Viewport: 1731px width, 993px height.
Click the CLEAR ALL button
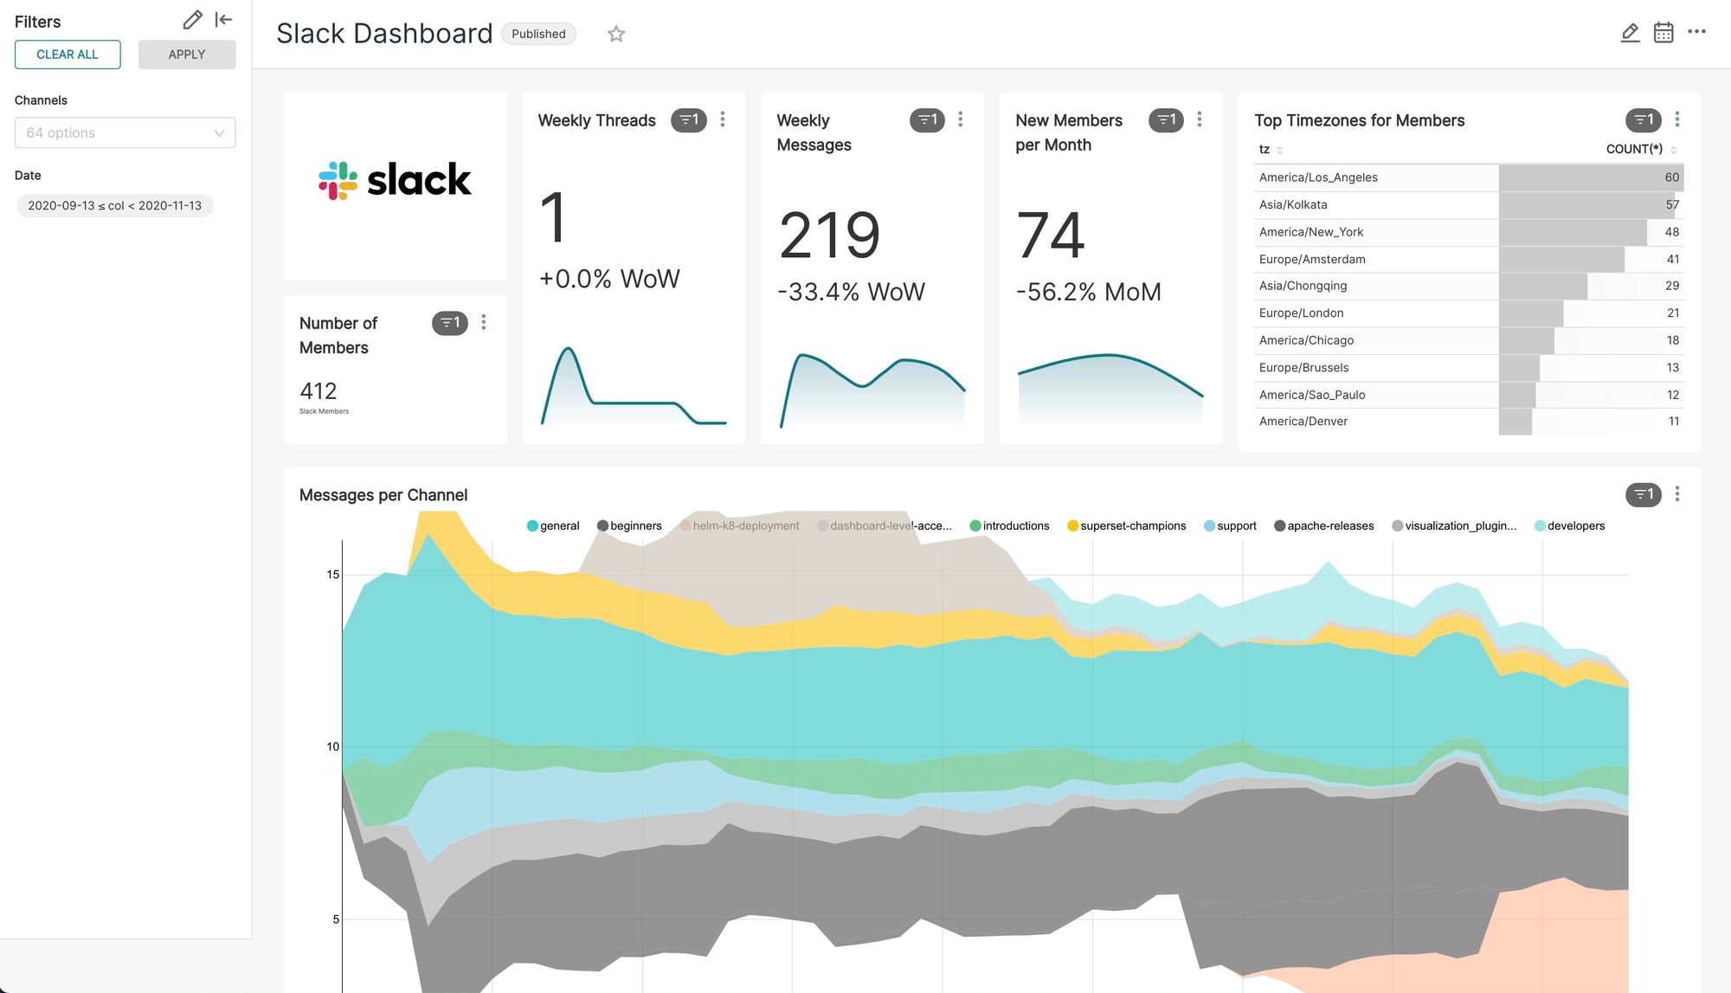(68, 55)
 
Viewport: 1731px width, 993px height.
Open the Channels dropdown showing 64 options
(125, 132)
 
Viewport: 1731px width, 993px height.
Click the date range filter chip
(114, 206)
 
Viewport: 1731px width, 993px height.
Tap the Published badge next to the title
(537, 34)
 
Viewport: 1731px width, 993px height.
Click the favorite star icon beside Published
(615, 34)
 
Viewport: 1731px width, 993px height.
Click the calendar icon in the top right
(1663, 33)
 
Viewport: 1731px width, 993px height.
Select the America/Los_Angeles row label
(1317, 177)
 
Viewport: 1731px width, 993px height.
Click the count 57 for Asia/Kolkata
(1671, 205)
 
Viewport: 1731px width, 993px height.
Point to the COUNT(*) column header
(1633, 149)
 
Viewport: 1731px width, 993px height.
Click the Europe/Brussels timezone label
(1303, 368)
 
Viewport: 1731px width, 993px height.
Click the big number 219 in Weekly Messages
(828, 235)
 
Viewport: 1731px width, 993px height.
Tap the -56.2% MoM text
(1088, 293)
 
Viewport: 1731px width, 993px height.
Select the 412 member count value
(318, 391)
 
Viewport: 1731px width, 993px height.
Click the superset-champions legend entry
(1132, 526)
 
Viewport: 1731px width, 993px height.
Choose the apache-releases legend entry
(1329, 526)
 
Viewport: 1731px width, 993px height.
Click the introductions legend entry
(1015, 526)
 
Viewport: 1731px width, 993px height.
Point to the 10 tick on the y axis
(332, 747)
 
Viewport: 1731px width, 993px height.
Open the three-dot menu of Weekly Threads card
(723, 119)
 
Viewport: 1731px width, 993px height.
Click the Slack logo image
(395, 180)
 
